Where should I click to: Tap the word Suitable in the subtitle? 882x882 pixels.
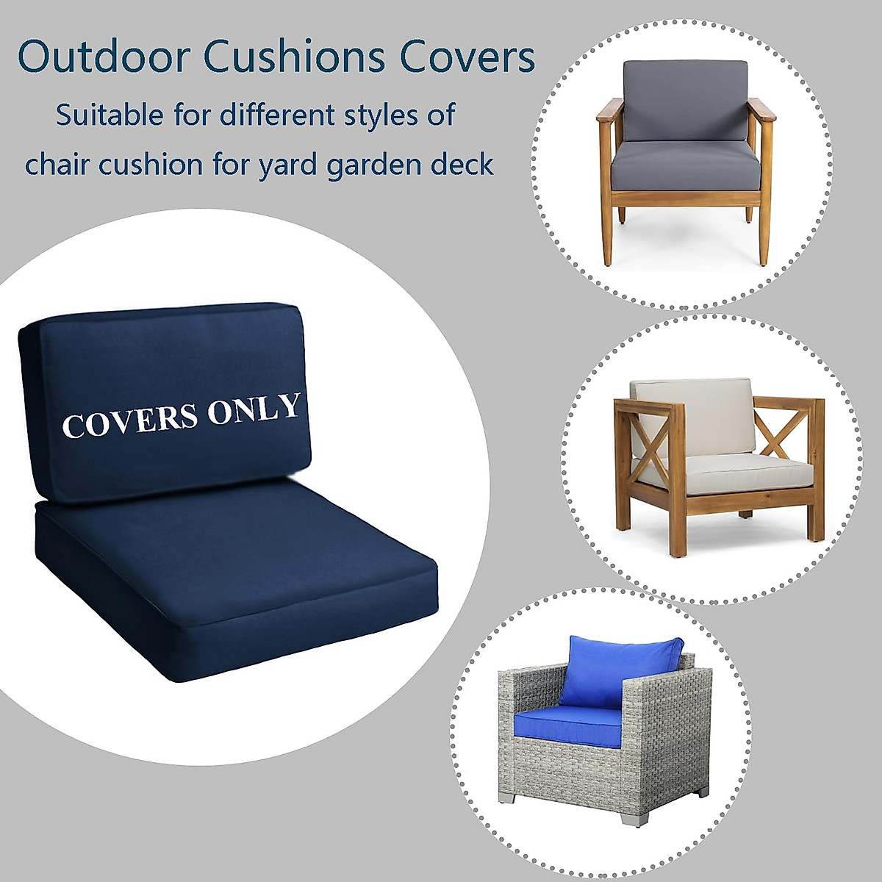click(110, 115)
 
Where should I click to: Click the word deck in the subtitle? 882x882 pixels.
click(462, 165)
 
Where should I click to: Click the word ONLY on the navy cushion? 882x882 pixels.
click(254, 409)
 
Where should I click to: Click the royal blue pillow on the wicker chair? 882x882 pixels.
click(621, 670)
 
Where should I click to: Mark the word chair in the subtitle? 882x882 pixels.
click(58, 165)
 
